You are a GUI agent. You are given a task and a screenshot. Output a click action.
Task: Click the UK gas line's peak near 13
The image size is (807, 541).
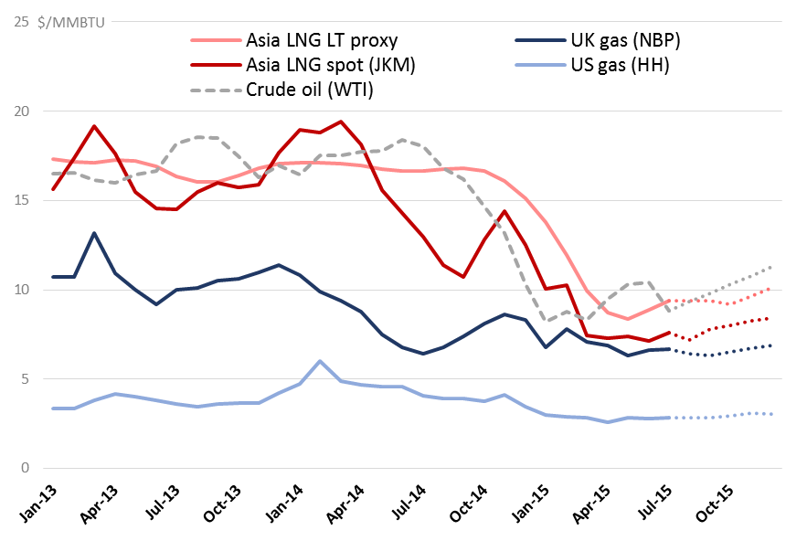pyautogui.click(x=94, y=233)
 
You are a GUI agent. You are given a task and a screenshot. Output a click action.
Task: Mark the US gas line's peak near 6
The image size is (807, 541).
pyautogui.click(x=320, y=361)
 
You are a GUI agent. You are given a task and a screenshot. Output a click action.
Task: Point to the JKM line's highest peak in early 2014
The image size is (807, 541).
pyautogui.click(x=340, y=122)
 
